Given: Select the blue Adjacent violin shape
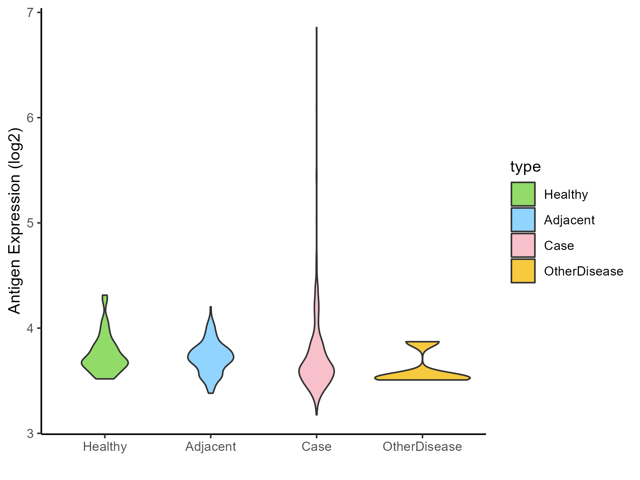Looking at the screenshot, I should (x=210, y=357).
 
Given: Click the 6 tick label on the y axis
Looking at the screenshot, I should (x=30, y=118).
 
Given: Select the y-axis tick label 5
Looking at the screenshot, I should (x=30, y=223).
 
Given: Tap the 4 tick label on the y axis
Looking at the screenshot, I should (x=30, y=328).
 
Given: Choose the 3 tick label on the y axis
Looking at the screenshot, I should (x=30, y=433).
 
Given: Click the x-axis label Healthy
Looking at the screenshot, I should (x=105, y=447).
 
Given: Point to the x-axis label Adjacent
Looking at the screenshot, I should (x=210, y=447).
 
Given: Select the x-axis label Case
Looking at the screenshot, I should (x=316, y=447).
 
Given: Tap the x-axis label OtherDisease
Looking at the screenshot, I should (x=422, y=447).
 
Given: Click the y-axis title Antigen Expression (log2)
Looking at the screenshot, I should (x=15, y=220).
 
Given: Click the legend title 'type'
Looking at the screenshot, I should (x=526, y=166).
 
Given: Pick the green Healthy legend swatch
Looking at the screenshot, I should (x=523, y=194).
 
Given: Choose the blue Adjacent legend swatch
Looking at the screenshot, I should (x=523, y=220).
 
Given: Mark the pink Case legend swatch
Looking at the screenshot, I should (x=523, y=245).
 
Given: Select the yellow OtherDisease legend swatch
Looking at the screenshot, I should (x=523, y=271).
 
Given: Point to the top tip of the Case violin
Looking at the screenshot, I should (x=316, y=28).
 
